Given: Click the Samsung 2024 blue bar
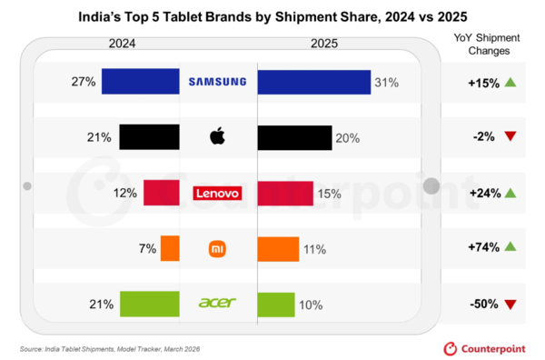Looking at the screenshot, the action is point(141,82).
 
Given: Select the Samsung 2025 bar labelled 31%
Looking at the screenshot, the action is point(314,82).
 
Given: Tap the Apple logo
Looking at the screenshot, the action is point(218,136).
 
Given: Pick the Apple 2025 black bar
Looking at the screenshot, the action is point(294,138).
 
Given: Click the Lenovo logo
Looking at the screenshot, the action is point(218,193).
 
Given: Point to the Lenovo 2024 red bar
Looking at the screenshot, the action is point(162,193).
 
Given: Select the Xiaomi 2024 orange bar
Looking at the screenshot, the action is point(170,248).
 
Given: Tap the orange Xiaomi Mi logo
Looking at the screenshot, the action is point(217,249).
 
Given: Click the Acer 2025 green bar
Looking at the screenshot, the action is point(276,305).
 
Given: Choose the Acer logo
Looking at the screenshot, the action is point(217,303).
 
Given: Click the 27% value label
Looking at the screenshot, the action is point(84,82).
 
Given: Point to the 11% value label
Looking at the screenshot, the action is point(315,249).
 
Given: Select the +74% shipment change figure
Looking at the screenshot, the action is point(484,247).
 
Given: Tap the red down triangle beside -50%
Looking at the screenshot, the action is point(510,305).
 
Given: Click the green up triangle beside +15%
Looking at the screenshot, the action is point(510,82).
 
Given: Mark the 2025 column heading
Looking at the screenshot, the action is point(324,44).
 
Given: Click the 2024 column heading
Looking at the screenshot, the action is point(122,44).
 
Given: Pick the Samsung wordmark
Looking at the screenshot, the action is point(218,82).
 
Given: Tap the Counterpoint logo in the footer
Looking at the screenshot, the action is point(484,349).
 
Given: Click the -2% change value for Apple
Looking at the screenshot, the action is point(483,136).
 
